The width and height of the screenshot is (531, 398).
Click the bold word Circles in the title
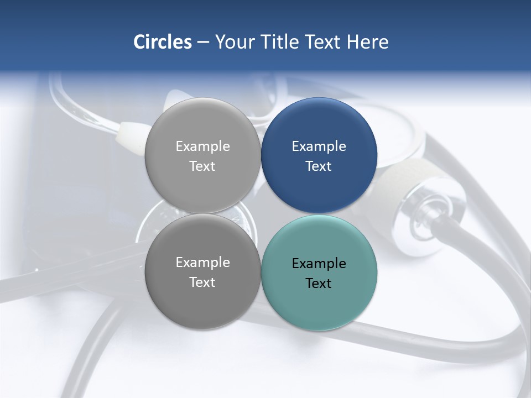pos(162,42)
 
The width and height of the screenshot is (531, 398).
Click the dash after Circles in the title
pos(203,43)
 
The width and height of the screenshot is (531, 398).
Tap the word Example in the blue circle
pos(319,146)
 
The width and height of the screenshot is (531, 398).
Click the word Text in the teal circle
pos(319,284)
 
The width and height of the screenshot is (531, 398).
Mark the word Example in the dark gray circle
pos(202,263)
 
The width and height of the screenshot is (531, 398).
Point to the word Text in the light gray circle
pos(202,166)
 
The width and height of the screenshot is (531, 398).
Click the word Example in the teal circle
pos(319,264)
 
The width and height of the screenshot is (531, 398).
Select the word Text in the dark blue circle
pos(319,166)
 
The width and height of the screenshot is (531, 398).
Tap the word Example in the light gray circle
pos(202,146)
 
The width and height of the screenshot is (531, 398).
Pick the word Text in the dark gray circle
pos(202,282)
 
